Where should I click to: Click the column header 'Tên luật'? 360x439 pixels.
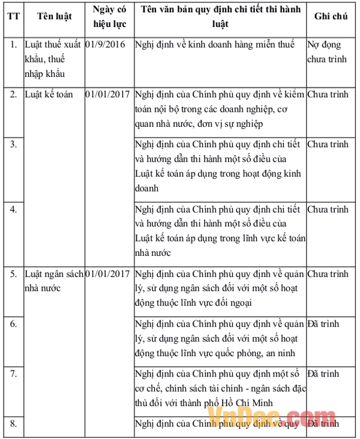tap(54, 17)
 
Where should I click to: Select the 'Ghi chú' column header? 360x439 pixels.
tap(331, 17)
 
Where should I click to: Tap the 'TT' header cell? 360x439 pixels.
tap(13, 17)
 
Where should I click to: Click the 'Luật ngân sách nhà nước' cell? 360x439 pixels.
tap(53, 280)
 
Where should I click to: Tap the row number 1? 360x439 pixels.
tap(13, 44)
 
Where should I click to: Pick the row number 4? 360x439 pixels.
tap(13, 210)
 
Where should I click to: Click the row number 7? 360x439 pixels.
tap(13, 374)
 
